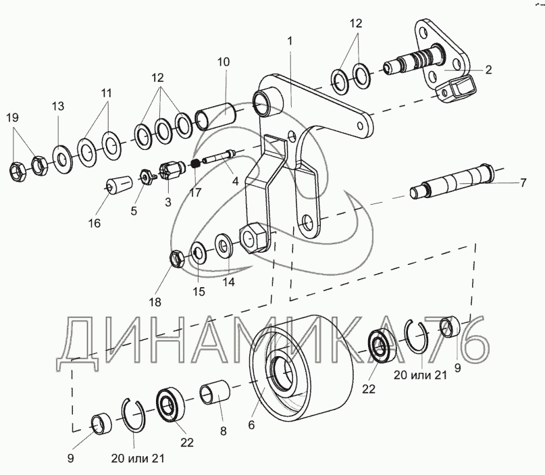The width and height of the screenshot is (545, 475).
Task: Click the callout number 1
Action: coord(289,41)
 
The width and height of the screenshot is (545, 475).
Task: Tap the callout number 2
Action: coord(488,70)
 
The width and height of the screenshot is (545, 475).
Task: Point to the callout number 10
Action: coord(224,61)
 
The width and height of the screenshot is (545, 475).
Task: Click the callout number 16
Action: coord(94,223)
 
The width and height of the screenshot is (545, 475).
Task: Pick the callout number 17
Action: coord(196,193)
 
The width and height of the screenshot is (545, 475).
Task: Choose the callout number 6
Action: coord(251,425)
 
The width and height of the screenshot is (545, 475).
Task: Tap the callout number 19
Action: coord(13,118)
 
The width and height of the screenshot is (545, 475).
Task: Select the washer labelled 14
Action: coord(223,243)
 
